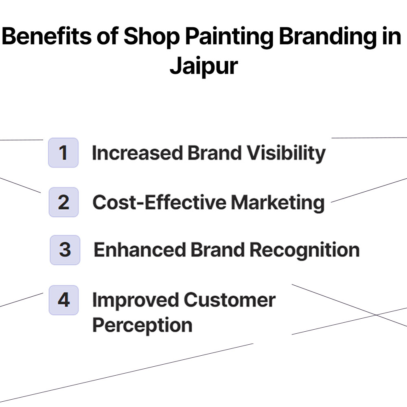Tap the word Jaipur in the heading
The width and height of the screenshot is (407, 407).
coord(203,66)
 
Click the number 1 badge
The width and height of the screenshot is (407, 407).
coord(63,153)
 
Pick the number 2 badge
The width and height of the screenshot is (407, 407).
coord(63,202)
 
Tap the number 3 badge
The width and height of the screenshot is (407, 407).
coord(65,249)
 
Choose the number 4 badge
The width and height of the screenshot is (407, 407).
coord(63,300)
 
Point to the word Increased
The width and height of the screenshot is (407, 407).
coord(137,153)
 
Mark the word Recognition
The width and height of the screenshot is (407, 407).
coord(304,250)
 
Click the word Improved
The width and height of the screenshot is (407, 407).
coord(135,300)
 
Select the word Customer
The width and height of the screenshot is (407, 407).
coord(229,300)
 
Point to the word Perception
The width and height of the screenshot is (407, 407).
coord(142,325)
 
